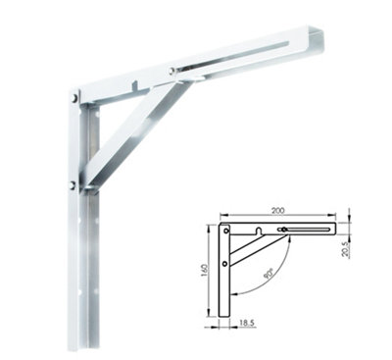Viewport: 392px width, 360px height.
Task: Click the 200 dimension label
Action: (x=277, y=210)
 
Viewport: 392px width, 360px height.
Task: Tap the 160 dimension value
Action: (x=204, y=270)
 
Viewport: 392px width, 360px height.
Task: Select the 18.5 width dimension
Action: (x=247, y=323)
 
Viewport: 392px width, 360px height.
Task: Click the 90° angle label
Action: (x=269, y=274)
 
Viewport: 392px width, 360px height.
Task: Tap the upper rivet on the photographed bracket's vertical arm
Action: (x=75, y=97)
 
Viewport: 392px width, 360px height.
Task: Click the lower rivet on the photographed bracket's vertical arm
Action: (x=73, y=185)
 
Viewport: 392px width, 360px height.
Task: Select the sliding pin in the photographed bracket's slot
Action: (x=171, y=70)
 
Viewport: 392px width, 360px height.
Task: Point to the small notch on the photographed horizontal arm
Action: (x=135, y=85)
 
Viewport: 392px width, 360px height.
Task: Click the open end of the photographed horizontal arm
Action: (x=316, y=41)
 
